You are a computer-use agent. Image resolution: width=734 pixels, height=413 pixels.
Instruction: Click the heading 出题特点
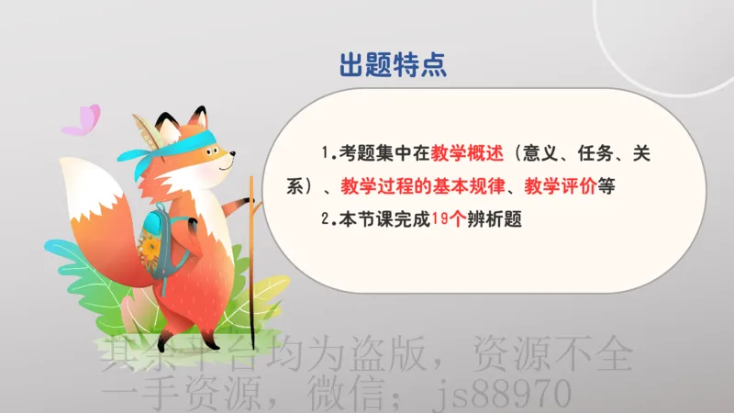pyautogui.click(x=393, y=65)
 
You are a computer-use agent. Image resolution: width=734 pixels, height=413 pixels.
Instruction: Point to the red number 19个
pyautogui.click(x=449, y=219)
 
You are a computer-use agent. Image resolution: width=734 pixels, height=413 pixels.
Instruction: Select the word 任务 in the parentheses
pyautogui.click(x=610, y=153)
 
